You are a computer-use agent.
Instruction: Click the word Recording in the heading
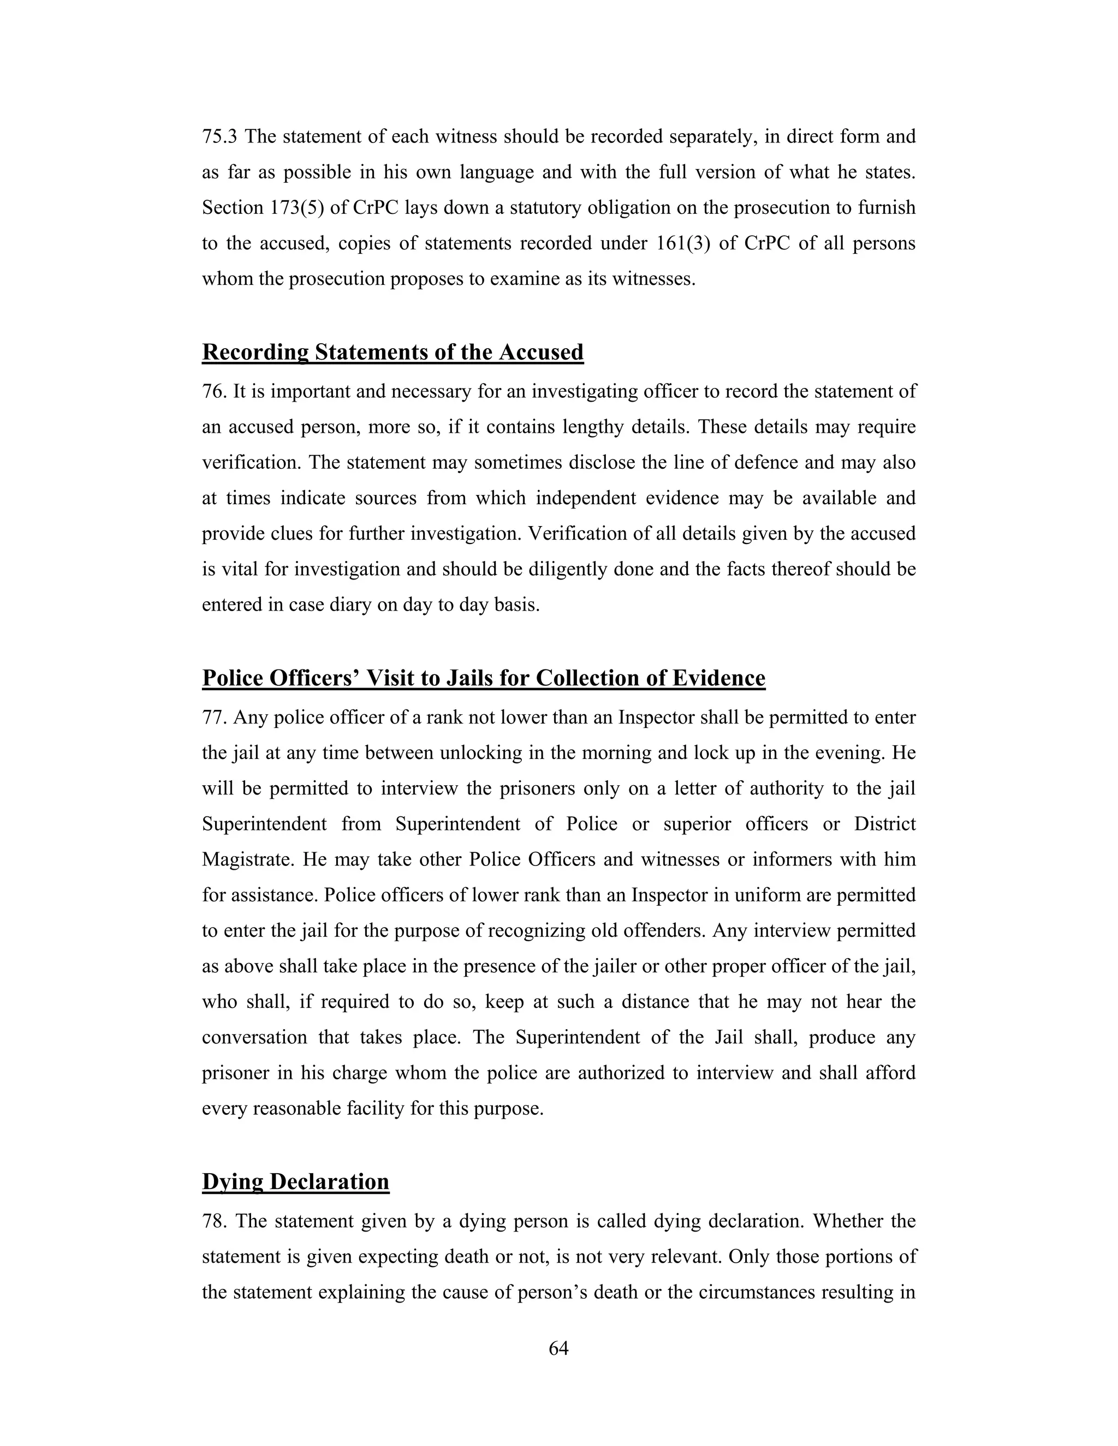(255, 352)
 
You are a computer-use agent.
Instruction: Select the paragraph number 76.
(214, 391)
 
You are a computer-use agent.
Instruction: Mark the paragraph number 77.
(214, 717)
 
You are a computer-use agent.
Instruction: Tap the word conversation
(254, 1037)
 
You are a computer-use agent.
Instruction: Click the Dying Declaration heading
(295, 1182)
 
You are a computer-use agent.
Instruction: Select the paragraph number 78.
(215, 1221)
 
